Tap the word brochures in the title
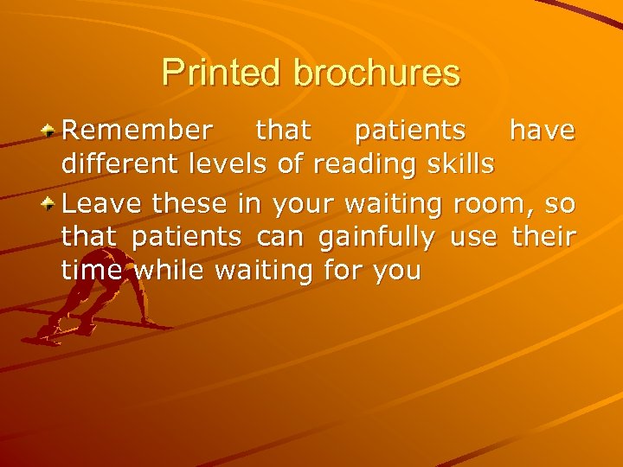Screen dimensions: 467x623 coord(371,73)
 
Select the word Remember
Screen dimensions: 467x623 coord(137,131)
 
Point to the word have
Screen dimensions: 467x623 coord(543,131)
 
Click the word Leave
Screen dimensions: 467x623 coord(103,205)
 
